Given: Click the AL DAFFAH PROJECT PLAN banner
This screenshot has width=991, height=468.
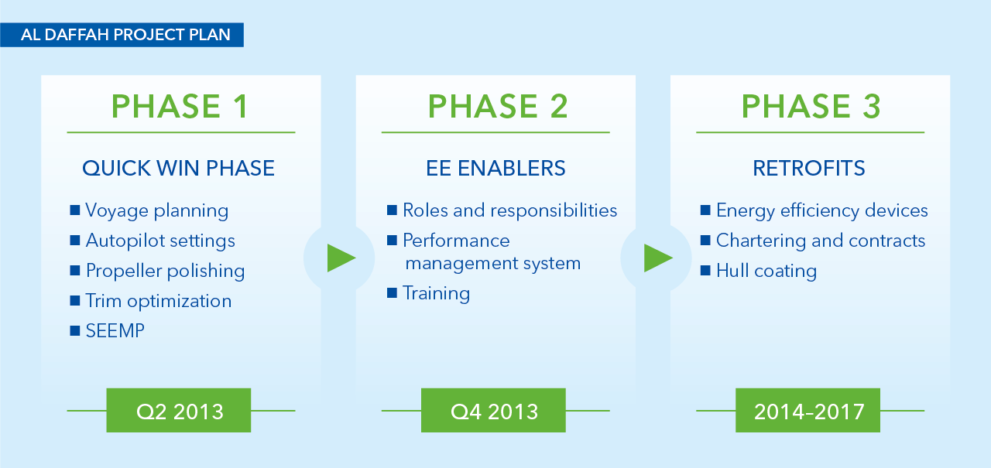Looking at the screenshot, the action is (x=122, y=35).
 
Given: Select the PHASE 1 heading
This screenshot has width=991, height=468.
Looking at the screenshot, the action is (x=180, y=107).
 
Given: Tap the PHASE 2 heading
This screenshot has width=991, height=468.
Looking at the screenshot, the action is (x=498, y=107).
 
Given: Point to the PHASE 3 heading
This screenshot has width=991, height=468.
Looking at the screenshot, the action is (x=811, y=107).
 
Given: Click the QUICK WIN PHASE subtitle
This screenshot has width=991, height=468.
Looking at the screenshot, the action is (x=178, y=169).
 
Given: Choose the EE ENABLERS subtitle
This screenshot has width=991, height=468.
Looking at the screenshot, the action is (x=495, y=169).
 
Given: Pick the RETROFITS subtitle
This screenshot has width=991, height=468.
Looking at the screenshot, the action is (x=809, y=169).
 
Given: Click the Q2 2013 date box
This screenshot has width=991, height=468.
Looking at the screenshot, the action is (x=179, y=411).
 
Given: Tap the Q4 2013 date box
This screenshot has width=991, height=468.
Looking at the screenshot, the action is (x=493, y=411).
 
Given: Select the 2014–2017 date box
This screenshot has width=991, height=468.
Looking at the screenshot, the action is (x=808, y=411).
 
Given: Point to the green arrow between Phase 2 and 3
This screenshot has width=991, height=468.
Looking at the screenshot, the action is (x=658, y=258).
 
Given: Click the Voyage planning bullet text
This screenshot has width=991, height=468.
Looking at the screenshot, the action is (x=157, y=211).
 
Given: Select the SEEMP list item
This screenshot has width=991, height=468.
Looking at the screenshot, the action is (x=115, y=330).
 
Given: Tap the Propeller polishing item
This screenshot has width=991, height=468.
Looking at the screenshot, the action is (x=166, y=271).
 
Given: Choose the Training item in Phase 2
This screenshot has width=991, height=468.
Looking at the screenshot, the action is (x=436, y=293).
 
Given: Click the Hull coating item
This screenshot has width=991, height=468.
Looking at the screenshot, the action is (x=766, y=271).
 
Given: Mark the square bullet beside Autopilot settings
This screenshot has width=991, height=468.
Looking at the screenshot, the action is (x=75, y=241).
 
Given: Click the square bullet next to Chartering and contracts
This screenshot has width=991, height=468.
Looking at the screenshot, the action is (x=705, y=241).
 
